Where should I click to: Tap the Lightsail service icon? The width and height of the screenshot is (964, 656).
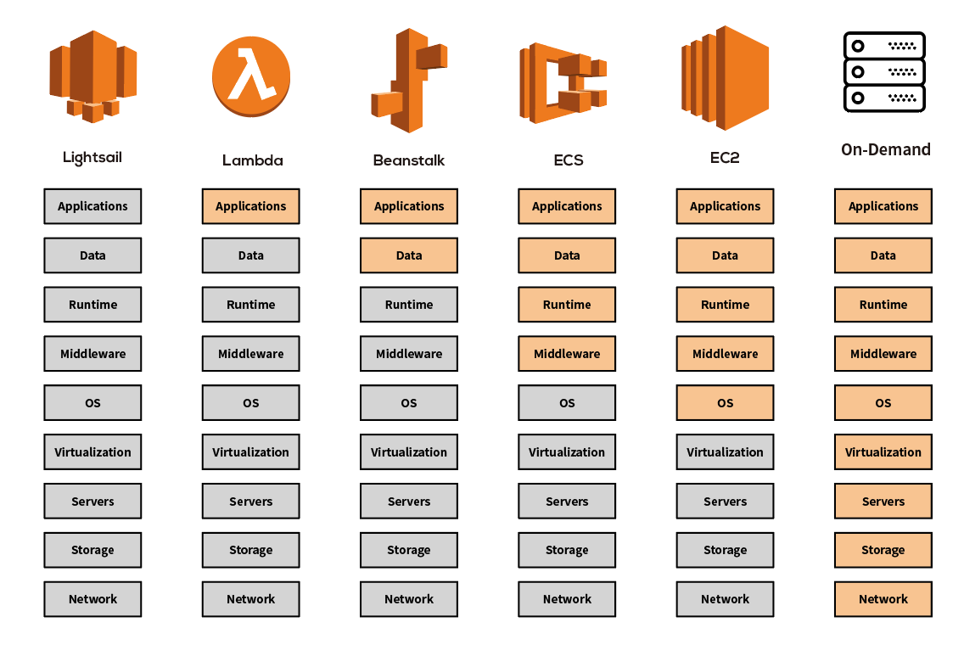click(92, 75)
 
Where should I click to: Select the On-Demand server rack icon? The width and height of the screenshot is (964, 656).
click(883, 72)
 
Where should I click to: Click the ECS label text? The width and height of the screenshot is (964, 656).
click(568, 160)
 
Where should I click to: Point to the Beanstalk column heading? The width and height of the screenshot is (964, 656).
click(408, 160)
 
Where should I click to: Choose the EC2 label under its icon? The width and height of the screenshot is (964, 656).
click(724, 158)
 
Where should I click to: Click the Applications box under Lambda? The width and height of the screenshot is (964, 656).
click(250, 206)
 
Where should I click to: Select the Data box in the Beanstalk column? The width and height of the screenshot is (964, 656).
click(408, 255)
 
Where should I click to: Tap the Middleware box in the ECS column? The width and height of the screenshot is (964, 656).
click(567, 354)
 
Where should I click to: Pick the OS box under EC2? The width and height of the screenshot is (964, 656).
click(725, 403)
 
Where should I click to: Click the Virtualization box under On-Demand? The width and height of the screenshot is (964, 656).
click(883, 452)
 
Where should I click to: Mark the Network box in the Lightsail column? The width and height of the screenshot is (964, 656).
click(92, 599)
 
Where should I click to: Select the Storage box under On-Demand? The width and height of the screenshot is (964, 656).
click(883, 550)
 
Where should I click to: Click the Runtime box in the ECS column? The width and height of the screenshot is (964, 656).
click(567, 305)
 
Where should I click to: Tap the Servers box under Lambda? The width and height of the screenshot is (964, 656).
click(250, 502)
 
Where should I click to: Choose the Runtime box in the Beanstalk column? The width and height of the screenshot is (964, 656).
click(408, 305)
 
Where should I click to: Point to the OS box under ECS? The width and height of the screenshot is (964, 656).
click(567, 403)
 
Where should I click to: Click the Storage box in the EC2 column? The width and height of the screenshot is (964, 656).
click(725, 550)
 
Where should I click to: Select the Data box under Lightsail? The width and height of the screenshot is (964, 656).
click(92, 255)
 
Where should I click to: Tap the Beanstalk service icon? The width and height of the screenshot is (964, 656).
click(408, 81)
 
